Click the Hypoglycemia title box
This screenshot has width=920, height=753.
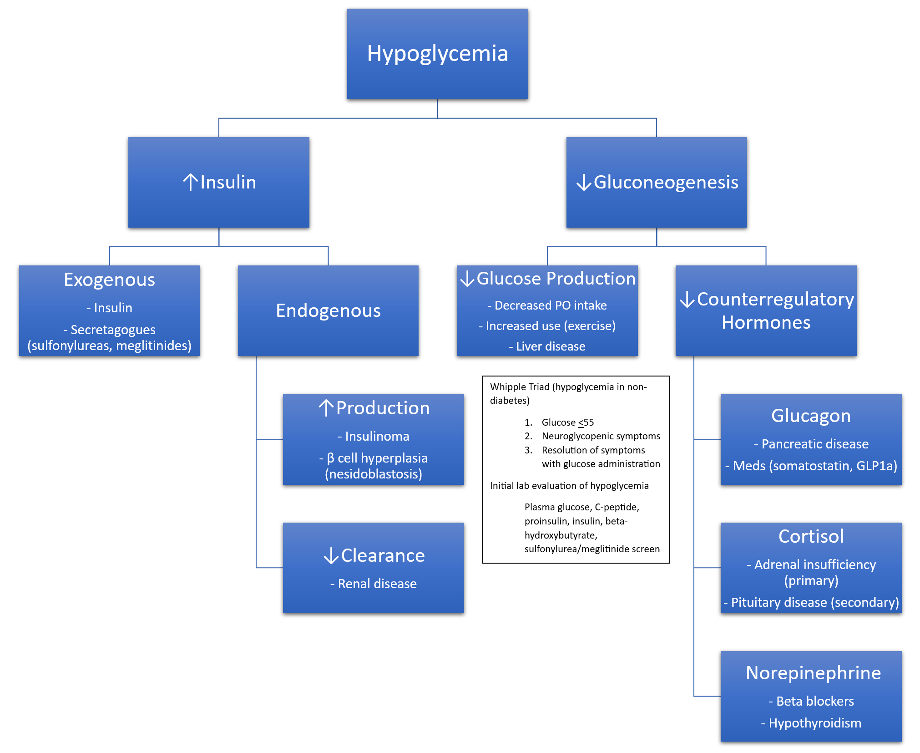click(x=437, y=54)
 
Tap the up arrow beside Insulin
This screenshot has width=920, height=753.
click(x=190, y=182)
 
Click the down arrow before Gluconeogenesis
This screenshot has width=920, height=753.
click(x=584, y=183)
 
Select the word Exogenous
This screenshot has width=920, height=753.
click(x=109, y=280)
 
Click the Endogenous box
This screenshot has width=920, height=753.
click(x=328, y=310)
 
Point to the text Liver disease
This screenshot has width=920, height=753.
click(x=551, y=346)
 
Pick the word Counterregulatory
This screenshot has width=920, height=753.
click(x=775, y=299)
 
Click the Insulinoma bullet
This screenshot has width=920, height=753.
click(x=377, y=436)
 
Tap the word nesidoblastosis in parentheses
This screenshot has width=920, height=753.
click(x=374, y=474)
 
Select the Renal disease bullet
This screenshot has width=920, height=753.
click(x=377, y=584)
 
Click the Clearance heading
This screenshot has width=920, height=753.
click(x=383, y=555)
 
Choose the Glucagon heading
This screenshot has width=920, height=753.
click(x=811, y=416)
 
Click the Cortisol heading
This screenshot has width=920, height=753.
click(x=811, y=536)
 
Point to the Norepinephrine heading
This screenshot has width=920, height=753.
click(x=813, y=673)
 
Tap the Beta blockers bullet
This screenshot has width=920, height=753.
click(x=814, y=701)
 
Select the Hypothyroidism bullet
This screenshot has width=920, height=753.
click(x=814, y=723)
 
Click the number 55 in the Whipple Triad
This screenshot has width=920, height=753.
click(x=589, y=422)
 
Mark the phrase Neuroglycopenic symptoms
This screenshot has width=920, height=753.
click(x=601, y=436)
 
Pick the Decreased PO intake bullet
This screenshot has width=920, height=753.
click(x=551, y=305)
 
